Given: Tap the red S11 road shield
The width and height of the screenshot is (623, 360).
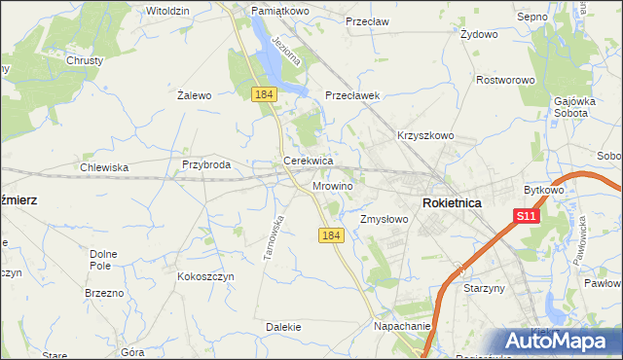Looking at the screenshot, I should [x=526, y=216].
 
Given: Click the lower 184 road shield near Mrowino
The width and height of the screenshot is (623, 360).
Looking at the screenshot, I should [x=331, y=235].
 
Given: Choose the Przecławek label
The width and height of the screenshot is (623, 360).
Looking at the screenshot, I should [x=351, y=96].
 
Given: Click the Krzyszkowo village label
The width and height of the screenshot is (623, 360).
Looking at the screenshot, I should [x=425, y=136].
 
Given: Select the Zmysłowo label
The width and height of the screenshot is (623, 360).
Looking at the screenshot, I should [x=385, y=219].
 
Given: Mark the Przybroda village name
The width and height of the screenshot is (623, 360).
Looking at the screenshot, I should [x=205, y=165].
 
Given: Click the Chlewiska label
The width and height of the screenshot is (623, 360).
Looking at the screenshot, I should [x=104, y=167].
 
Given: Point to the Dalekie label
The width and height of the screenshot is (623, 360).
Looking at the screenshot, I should [x=280, y=328].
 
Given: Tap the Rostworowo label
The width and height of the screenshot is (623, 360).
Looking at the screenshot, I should [x=505, y=80].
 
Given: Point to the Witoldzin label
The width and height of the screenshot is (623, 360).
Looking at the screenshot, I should [x=166, y=10].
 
